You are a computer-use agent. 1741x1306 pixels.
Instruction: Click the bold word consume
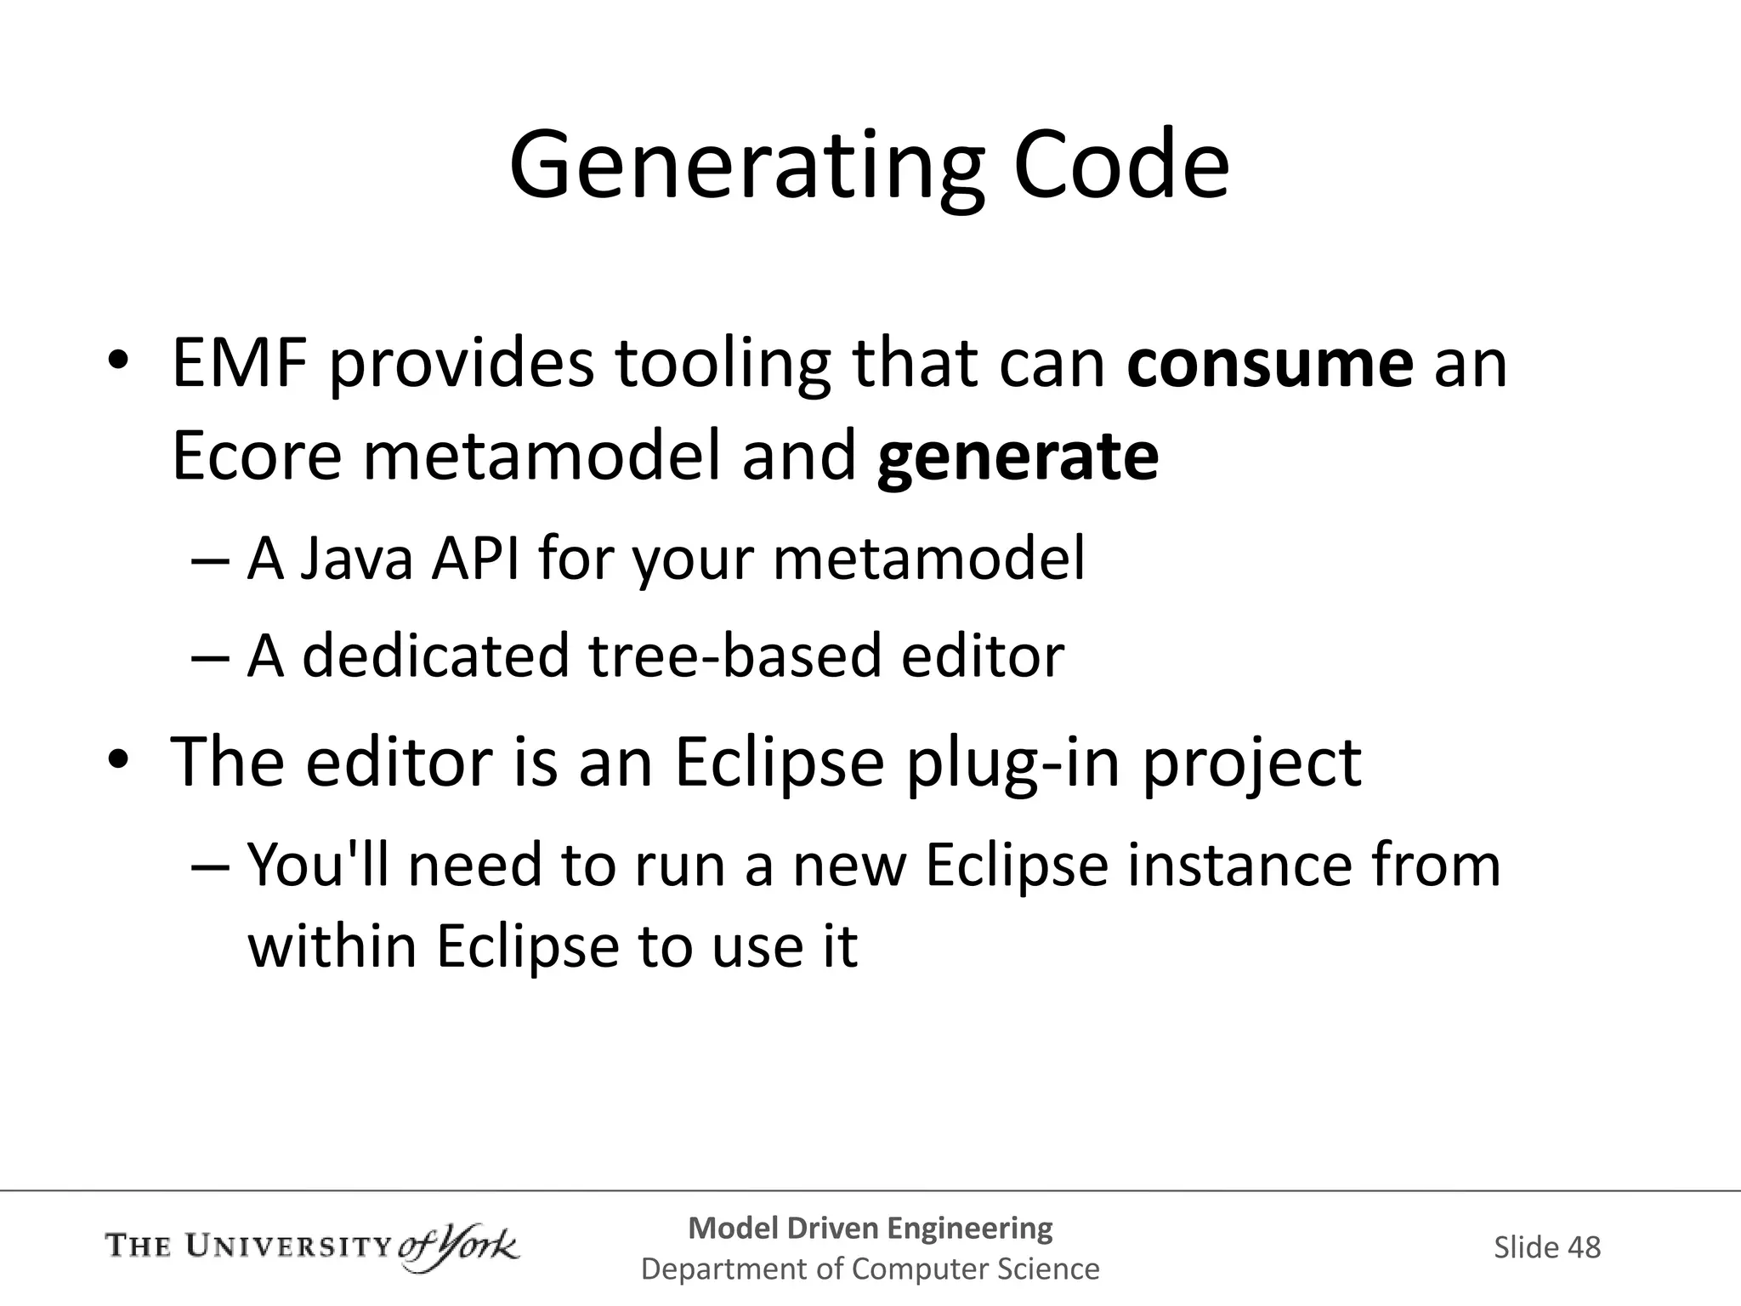tap(1270, 363)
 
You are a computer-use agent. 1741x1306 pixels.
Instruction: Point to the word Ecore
tap(256, 457)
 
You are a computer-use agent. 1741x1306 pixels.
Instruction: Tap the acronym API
tap(474, 559)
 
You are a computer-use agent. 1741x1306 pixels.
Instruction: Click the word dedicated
tap(435, 656)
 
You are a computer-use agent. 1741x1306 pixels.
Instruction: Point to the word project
tap(1250, 763)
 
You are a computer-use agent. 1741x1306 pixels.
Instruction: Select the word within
tap(332, 945)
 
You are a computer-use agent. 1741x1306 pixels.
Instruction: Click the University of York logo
tap(312, 1248)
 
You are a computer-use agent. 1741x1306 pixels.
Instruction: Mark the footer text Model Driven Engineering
tap(870, 1228)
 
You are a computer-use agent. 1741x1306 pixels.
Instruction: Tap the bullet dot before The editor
tap(117, 759)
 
